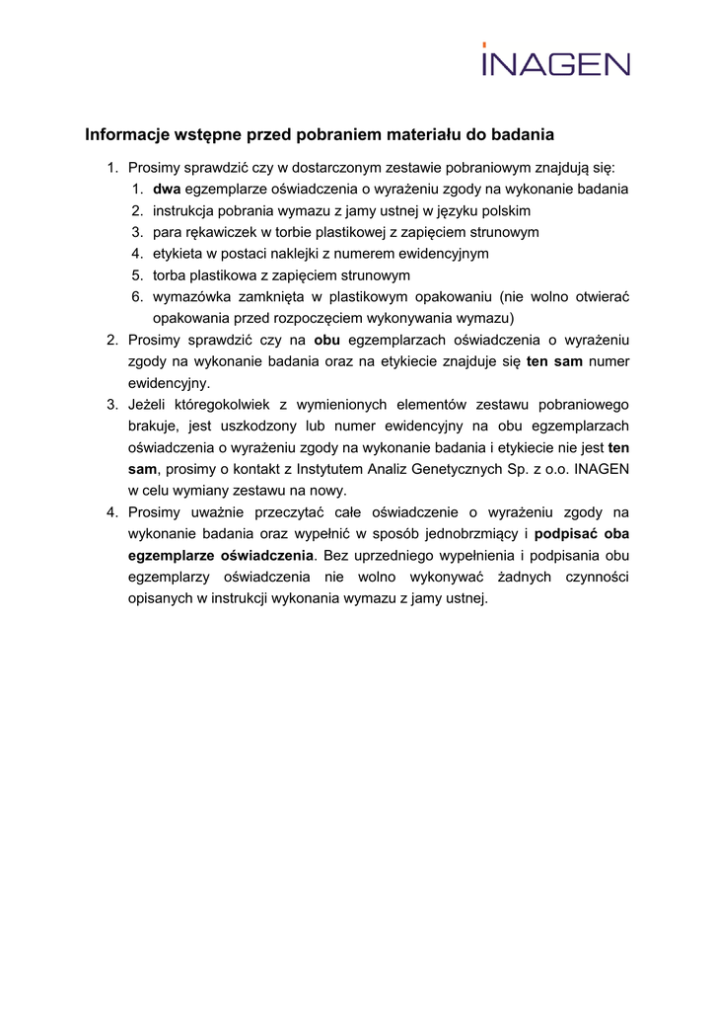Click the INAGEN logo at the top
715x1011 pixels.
coord(555,61)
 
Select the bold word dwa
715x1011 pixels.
coord(167,190)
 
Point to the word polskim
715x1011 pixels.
coord(504,211)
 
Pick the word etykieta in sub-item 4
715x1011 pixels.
coord(177,254)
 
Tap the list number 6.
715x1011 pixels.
coord(136,297)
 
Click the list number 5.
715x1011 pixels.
coord(136,275)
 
